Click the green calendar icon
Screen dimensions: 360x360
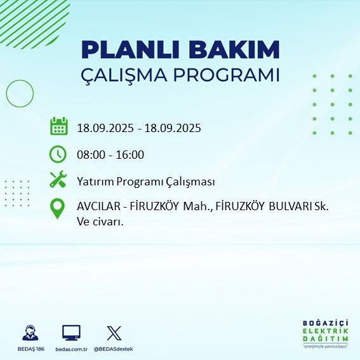[x=58, y=126]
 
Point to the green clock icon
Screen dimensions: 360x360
[x=58, y=154]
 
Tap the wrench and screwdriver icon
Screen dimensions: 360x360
[x=58, y=181]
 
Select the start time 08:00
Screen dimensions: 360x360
[x=90, y=154]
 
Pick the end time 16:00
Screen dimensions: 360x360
[x=130, y=154]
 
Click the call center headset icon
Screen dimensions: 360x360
[x=29, y=333]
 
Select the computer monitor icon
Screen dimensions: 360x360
[x=71, y=333]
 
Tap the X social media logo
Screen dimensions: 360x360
[x=114, y=333]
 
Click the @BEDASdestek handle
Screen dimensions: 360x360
[x=113, y=349]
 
